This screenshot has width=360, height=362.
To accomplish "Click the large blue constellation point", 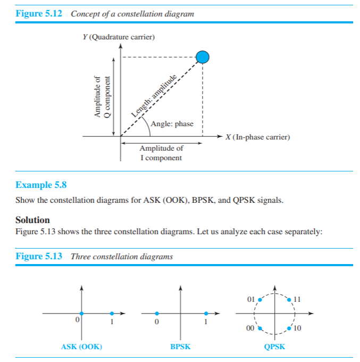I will (x=203, y=57).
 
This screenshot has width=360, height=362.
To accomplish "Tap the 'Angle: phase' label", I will (x=172, y=124).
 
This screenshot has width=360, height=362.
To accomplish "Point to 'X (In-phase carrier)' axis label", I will (x=257, y=137).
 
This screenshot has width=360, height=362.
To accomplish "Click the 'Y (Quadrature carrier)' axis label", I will (x=115, y=37).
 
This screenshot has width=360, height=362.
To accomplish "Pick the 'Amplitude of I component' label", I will (x=161, y=153).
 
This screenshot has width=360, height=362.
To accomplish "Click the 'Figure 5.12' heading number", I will (x=39, y=14).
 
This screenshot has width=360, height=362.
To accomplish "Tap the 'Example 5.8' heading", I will (x=41, y=185).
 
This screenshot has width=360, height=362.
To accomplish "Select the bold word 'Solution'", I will (x=32, y=220).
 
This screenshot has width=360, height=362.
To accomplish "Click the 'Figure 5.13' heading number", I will (x=39, y=257).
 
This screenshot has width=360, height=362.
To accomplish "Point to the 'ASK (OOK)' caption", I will (x=81, y=347).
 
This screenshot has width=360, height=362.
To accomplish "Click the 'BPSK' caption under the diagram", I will (x=180, y=347).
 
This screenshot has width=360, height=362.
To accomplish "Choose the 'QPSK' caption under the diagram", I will (x=274, y=347).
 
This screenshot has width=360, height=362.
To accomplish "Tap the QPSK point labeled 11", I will (x=289, y=300).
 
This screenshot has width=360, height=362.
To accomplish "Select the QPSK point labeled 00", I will (x=259, y=328).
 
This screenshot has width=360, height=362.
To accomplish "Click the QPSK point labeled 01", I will (x=259, y=300).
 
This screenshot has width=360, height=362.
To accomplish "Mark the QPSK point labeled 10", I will (x=289, y=328).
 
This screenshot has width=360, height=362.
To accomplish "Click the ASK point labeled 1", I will (x=112, y=314).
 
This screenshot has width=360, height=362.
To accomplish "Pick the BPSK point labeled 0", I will (x=156, y=314).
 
